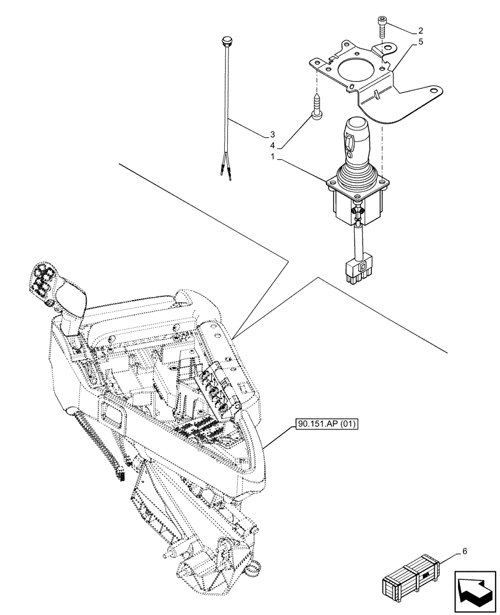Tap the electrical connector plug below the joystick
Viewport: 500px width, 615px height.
click(x=358, y=270)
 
